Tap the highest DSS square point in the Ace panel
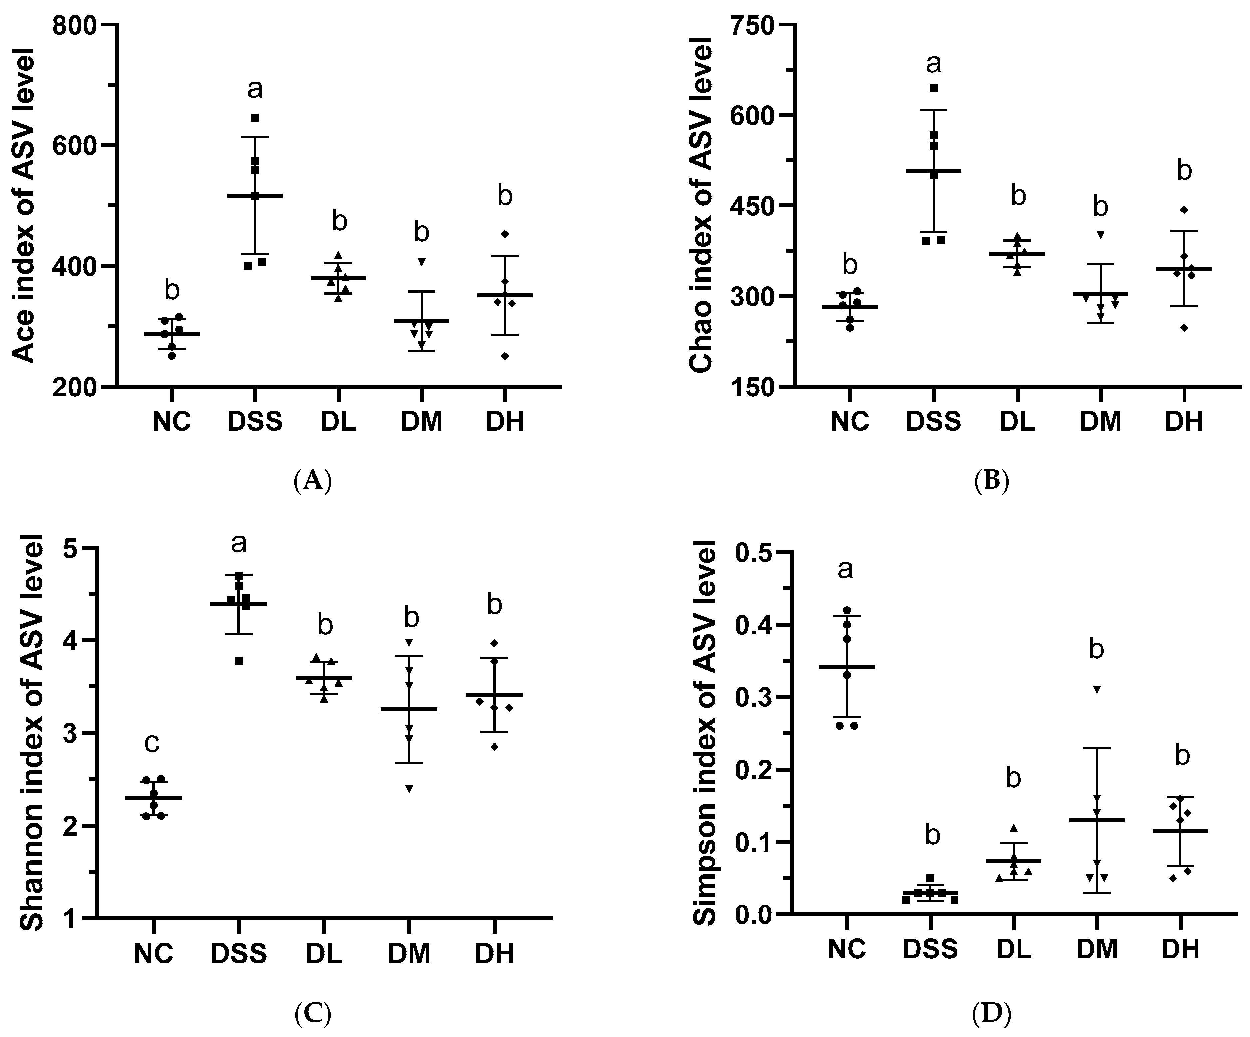click(255, 118)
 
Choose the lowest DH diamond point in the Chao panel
click(1184, 328)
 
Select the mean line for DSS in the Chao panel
click(933, 171)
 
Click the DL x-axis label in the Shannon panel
click(324, 954)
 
